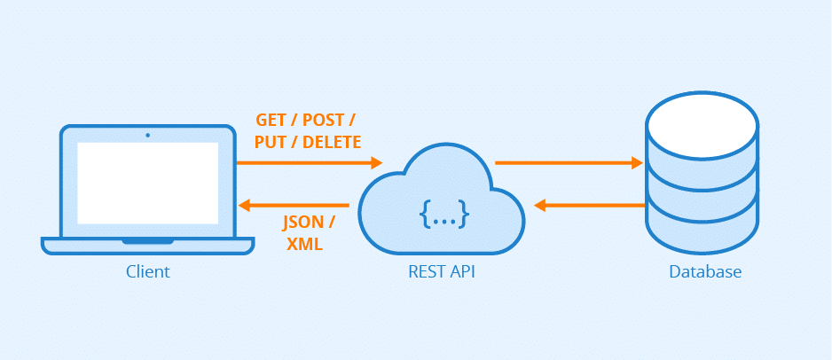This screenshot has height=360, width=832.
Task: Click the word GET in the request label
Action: point(271,121)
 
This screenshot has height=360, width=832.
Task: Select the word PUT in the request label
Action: point(271,142)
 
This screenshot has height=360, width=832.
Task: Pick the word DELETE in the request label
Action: point(331,142)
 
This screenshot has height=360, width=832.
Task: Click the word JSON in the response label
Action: point(301,222)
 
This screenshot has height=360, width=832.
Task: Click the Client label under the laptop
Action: point(147,271)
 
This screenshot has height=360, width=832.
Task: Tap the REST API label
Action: point(436,271)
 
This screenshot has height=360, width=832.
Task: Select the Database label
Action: point(704,271)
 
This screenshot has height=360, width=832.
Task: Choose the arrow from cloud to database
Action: point(568,162)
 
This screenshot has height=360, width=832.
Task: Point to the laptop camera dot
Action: point(147,135)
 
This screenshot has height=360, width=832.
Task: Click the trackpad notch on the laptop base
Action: point(147,240)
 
